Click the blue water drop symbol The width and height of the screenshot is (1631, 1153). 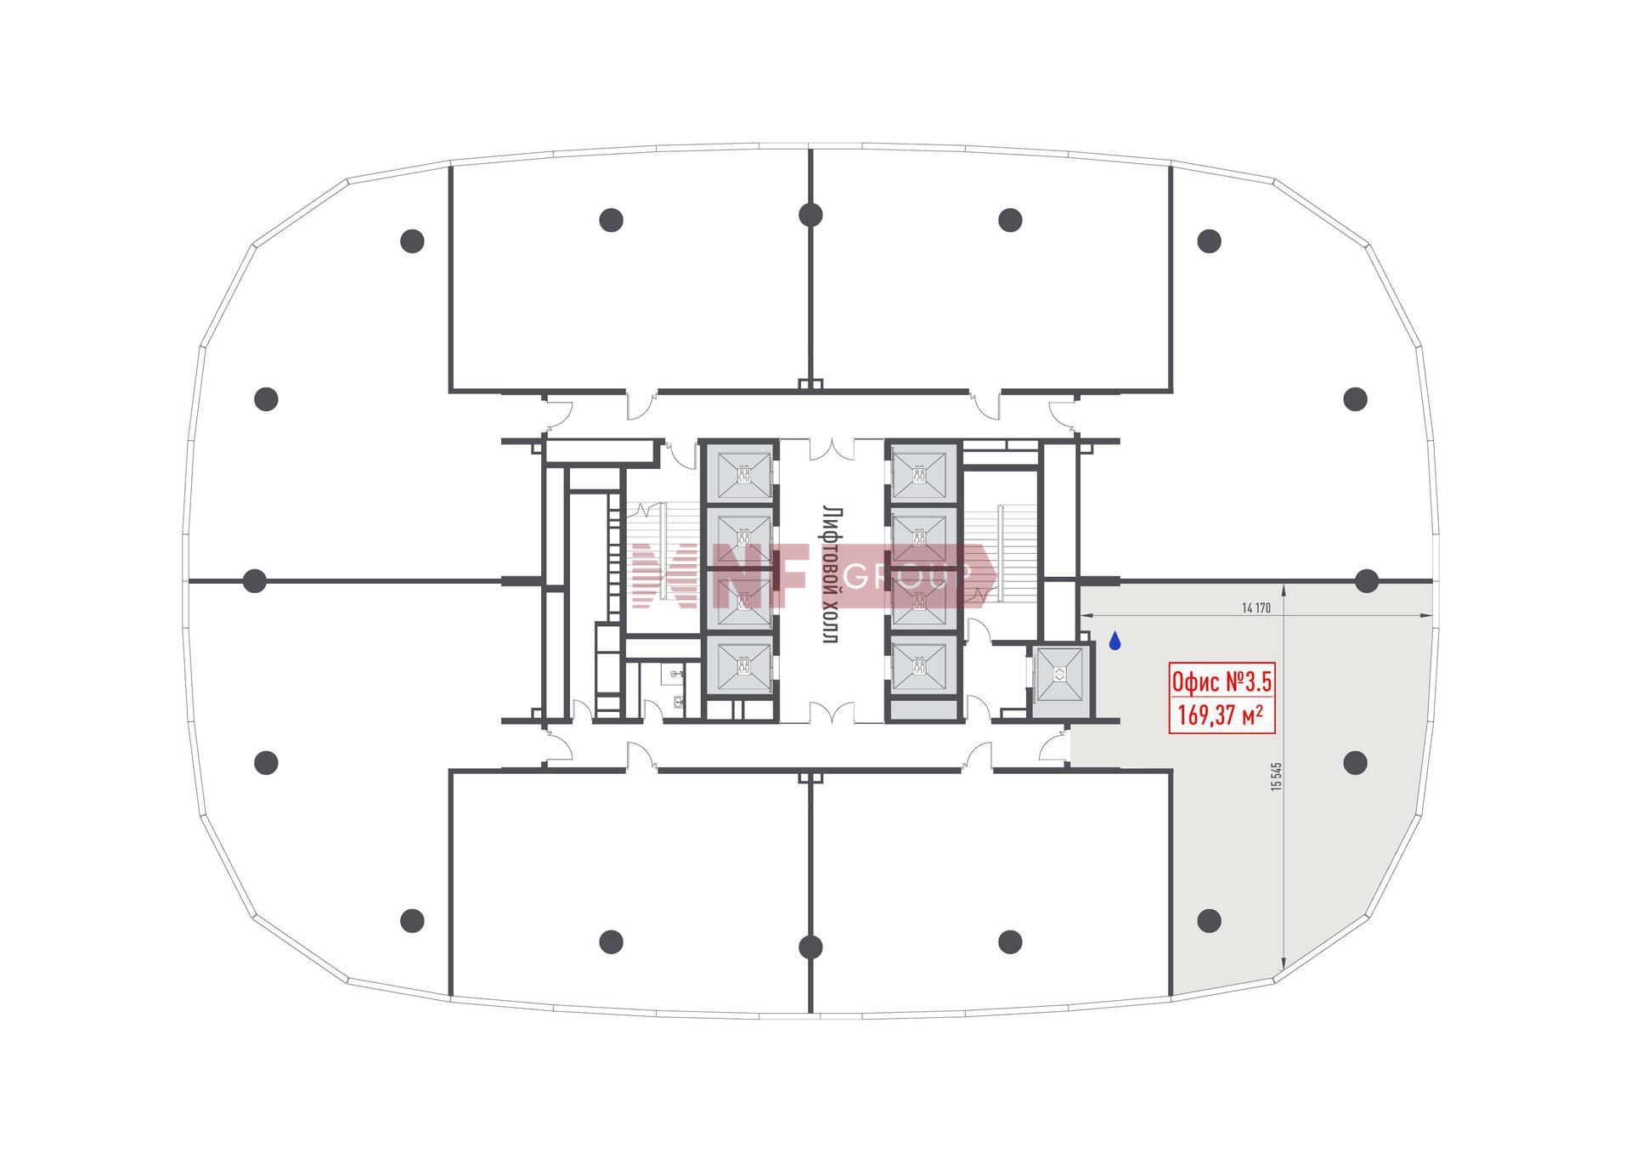pyautogui.click(x=1115, y=641)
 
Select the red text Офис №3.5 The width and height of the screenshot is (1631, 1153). pyautogui.click(x=1222, y=681)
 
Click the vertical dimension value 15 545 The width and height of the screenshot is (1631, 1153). pyautogui.click(x=1276, y=777)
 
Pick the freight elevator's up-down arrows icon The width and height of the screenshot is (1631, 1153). pyautogui.click(x=1060, y=675)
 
